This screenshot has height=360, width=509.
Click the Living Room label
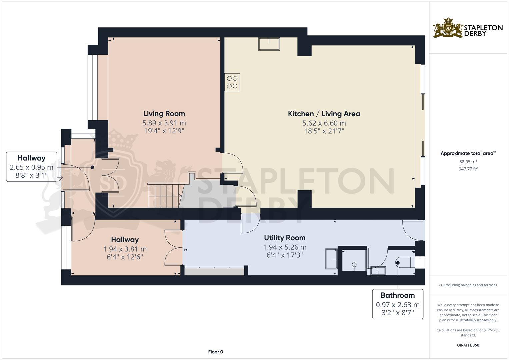[x=164, y=114]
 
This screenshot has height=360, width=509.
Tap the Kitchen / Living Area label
[x=324, y=114]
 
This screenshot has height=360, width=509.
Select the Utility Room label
[x=285, y=238]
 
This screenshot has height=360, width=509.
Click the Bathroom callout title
[x=398, y=295]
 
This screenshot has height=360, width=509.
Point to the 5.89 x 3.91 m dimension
[x=164, y=123]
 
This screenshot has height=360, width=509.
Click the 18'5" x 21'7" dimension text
[x=324, y=131]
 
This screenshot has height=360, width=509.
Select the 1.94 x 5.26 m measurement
[x=285, y=247]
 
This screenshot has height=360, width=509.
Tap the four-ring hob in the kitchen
[x=232, y=82]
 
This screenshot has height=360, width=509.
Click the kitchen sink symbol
[x=269, y=44]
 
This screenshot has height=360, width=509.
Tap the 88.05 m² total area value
[x=468, y=162]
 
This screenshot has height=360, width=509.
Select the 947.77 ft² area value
[x=468, y=169]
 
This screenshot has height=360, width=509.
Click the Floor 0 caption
[x=216, y=352]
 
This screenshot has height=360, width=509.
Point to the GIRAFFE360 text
[x=468, y=345]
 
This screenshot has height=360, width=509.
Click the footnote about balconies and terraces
[x=468, y=285]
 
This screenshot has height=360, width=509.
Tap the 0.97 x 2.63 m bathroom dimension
[x=398, y=305]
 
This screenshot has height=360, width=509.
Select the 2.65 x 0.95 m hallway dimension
[x=32, y=167]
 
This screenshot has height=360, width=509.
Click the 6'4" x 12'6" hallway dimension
[x=125, y=257]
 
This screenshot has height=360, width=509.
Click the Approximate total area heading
[x=468, y=153]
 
